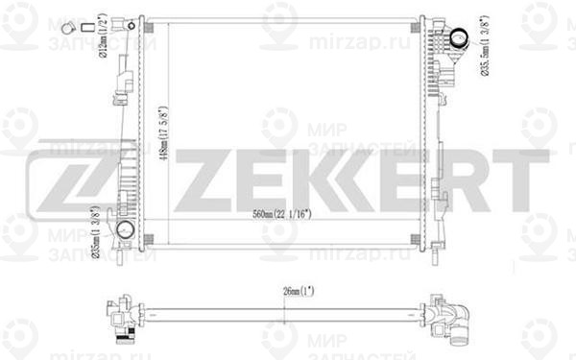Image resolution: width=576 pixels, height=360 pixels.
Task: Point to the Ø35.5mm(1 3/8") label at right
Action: [x=487, y=51]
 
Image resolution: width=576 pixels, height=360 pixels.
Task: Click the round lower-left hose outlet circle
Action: [x=126, y=230]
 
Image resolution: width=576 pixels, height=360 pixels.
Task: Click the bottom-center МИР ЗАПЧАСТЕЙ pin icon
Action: [x=279, y=337]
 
